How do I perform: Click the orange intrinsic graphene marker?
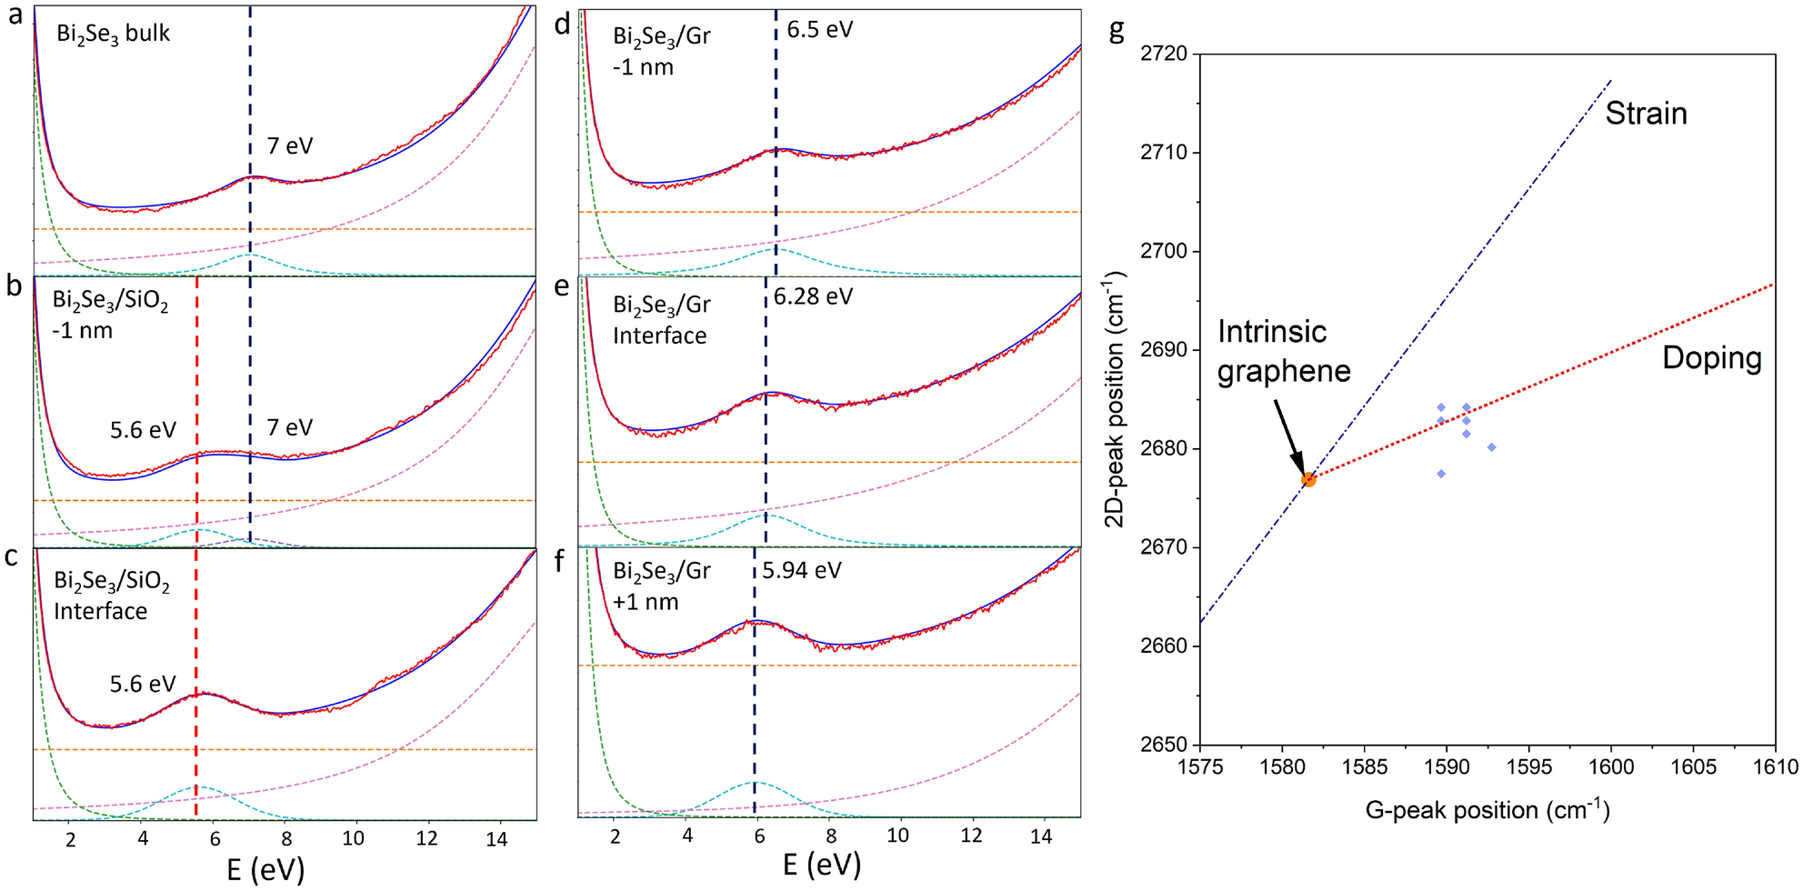click(1308, 479)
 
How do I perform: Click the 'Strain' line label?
click(1646, 114)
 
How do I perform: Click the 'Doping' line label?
click(1711, 358)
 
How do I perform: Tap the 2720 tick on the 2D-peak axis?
click(1164, 54)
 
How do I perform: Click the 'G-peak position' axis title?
click(1487, 810)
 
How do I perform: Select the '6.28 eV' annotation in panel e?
click(813, 296)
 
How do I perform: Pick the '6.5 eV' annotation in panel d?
click(819, 30)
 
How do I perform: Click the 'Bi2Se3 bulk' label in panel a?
click(113, 35)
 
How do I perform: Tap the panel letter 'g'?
click(1117, 30)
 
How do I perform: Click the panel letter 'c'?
click(12, 556)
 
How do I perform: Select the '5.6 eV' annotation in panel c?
click(143, 684)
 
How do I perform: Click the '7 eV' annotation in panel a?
click(289, 145)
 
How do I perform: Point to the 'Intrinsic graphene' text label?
click(1283, 351)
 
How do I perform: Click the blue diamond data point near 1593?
click(1491, 447)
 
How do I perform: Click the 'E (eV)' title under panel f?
click(821, 864)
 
